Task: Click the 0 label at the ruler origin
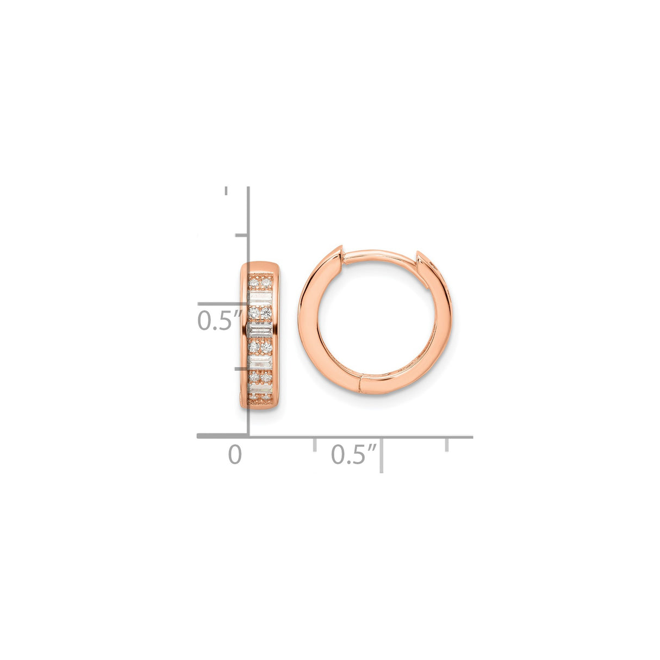(234, 454)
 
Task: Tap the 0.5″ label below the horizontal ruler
(354, 454)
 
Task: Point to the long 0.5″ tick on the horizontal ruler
(382, 453)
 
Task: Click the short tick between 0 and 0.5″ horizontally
(315, 444)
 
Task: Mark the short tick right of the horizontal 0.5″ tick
(447, 444)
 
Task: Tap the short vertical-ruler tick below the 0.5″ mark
(241, 368)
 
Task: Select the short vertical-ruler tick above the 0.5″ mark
(241, 235)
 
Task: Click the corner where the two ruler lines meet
(248, 436)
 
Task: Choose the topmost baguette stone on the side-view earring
(260, 297)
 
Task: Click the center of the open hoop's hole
(375, 321)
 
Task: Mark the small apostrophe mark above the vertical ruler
(226, 191)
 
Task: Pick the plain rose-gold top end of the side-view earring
(260, 269)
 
